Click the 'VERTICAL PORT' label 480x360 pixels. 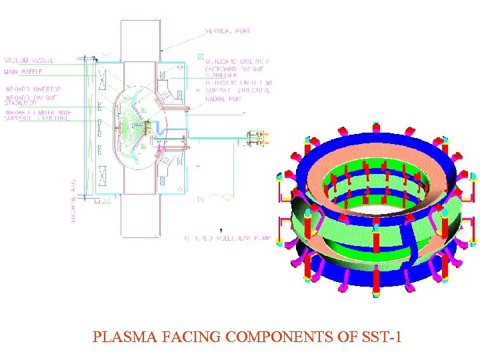point(229,31)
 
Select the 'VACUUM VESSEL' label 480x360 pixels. point(28,59)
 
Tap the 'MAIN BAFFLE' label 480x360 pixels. point(24,71)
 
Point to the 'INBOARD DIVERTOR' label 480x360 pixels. point(33,89)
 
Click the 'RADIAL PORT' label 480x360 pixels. point(224,99)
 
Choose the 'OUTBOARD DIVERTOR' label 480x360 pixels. point(236,61)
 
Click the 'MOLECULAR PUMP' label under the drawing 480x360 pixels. point(227,238)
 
